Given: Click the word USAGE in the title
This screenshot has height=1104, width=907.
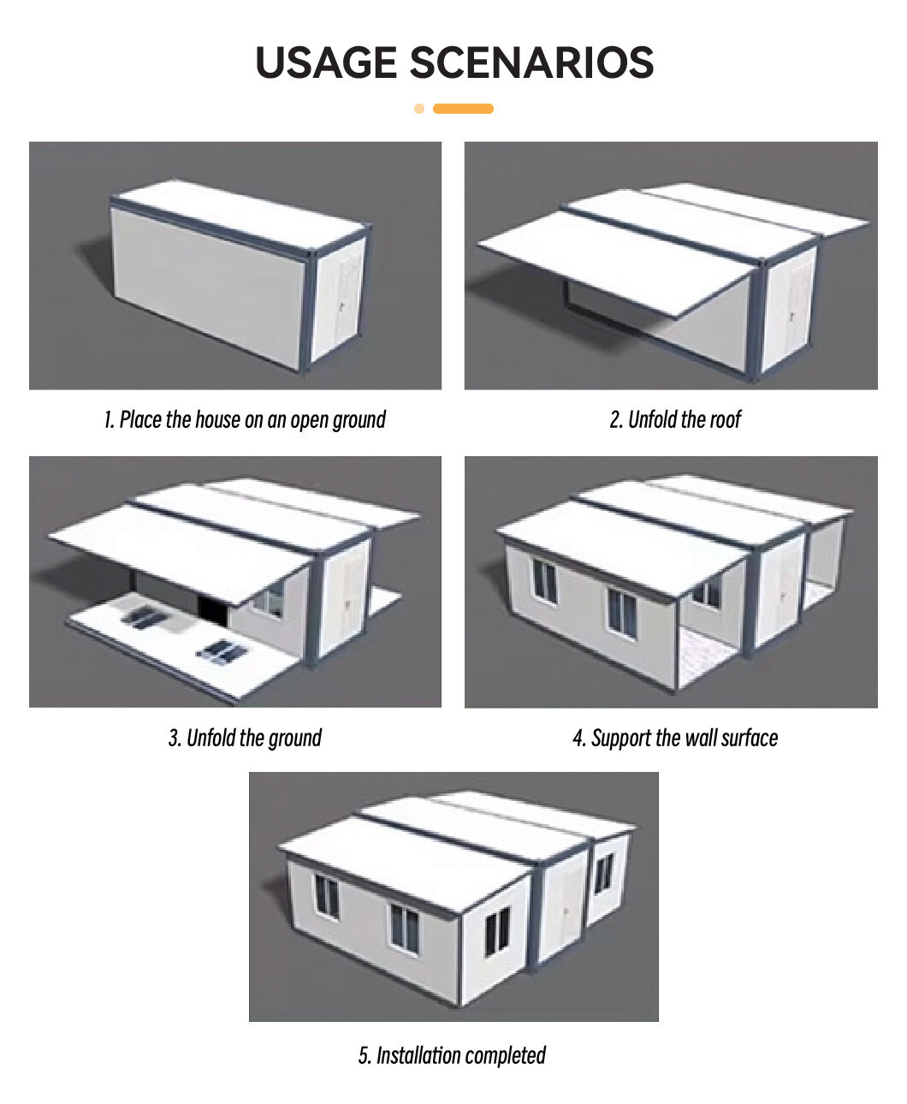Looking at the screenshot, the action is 326,62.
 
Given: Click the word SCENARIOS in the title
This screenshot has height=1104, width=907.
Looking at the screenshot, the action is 531,62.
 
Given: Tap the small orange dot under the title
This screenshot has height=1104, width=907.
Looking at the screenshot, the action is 419,109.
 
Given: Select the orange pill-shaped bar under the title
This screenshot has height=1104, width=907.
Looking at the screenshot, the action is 463,109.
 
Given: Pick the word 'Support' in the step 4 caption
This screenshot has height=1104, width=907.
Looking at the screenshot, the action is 620,739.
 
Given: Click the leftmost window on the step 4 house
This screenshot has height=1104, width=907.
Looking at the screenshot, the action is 544,582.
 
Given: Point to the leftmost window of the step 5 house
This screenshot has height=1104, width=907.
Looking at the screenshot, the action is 327,897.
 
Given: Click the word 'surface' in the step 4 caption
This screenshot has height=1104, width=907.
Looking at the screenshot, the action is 750,738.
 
